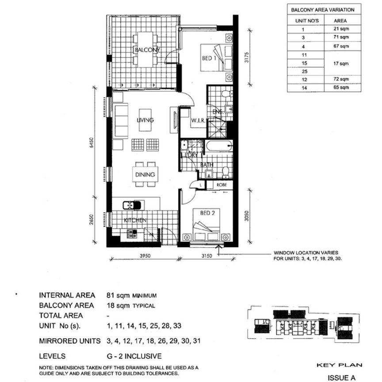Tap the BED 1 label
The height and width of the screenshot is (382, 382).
coord(209,57)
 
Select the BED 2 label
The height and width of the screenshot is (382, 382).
coord(207,213)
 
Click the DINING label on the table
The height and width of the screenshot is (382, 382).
coord(145,175)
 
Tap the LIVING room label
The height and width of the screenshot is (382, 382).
coord(145,120)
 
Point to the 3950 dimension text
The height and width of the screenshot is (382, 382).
coord(145,255)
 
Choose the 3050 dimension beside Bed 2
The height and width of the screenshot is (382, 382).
coord(250,216)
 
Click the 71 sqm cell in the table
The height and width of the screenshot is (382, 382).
coord(341,38)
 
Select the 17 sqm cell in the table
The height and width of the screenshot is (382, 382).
coord(341,63)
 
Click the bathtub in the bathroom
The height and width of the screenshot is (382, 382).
coord(218,147)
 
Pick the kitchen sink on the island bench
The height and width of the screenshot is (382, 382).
coord(133,205)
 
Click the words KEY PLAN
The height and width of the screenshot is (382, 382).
coord(339,365)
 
